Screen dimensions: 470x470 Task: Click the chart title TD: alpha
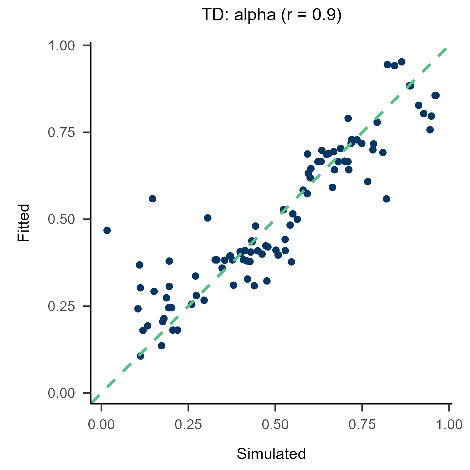(x=238, y=15)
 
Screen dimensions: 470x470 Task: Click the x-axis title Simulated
(x=271, y=454)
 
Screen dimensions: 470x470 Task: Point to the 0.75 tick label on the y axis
(x=61, y=133)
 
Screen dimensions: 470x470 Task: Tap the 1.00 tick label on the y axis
(x=61, y=46)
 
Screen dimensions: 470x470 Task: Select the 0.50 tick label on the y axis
(x=61, y=219)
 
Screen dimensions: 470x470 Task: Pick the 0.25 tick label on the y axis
(x=61, y=306)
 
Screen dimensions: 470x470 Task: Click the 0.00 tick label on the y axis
(x=61, y=393)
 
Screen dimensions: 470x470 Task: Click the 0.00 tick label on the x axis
(x=101, y=425)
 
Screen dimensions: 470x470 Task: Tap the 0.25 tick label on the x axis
(x=188, y=425)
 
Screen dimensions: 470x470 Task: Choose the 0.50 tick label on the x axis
(x=275, y=425)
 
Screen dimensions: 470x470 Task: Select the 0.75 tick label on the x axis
(x=362, y=425)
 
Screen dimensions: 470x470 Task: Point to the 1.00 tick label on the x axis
(x=449, y=425)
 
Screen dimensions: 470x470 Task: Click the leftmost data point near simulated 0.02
(x=107, y=230)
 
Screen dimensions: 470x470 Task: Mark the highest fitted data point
(x=402, y=62)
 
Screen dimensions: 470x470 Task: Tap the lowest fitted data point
(x=141, y=356)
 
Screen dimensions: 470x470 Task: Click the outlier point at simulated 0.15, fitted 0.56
(x=153, y=199)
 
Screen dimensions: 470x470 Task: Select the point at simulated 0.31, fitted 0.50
(x=208, y=218)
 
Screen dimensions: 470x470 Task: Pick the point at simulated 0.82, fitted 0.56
(x=387, y=199)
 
